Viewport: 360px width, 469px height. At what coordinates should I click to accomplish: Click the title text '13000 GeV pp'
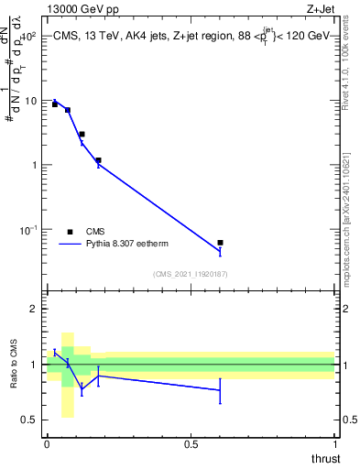click(78, 8)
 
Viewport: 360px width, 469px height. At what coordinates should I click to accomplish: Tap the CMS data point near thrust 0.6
click(220, 243)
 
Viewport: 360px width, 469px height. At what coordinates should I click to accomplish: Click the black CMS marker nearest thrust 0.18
click(98, 160)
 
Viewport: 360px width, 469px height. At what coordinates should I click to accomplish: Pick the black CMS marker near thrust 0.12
click(82, 135)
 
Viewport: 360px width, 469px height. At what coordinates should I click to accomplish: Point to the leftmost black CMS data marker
click(55, 104)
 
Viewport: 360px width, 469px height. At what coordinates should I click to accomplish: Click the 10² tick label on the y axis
click(27, 37)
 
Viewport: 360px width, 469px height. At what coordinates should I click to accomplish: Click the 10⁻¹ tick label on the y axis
click(27, 230)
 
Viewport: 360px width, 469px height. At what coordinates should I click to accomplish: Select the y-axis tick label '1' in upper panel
click(35, 166)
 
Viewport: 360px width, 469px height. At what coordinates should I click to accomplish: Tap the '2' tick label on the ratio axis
click(33, 309)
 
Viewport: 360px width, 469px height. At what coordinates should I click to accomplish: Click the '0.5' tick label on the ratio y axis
click(29, 420)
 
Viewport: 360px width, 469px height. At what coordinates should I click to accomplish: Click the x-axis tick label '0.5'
click(191, 444)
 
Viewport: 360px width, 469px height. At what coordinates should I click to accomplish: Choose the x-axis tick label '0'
click(47, 444)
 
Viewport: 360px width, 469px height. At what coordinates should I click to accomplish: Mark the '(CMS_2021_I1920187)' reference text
click(191, 274)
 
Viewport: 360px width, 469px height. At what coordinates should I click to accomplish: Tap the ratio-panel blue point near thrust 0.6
click(220, 390)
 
